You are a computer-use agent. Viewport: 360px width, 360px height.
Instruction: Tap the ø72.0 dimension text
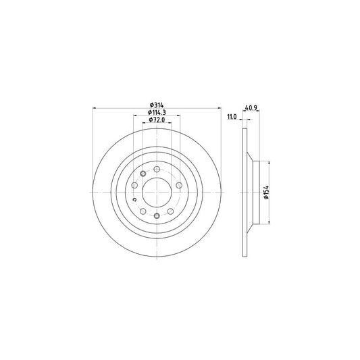pos(157,120)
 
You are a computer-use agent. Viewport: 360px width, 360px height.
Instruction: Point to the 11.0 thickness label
pos(232,117)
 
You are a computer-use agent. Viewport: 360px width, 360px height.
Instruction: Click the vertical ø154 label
pos(267,192)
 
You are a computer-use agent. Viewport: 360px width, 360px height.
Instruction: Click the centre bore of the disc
pos(156,190)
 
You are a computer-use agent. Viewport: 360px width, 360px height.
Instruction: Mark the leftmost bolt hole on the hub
pos(134,186)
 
